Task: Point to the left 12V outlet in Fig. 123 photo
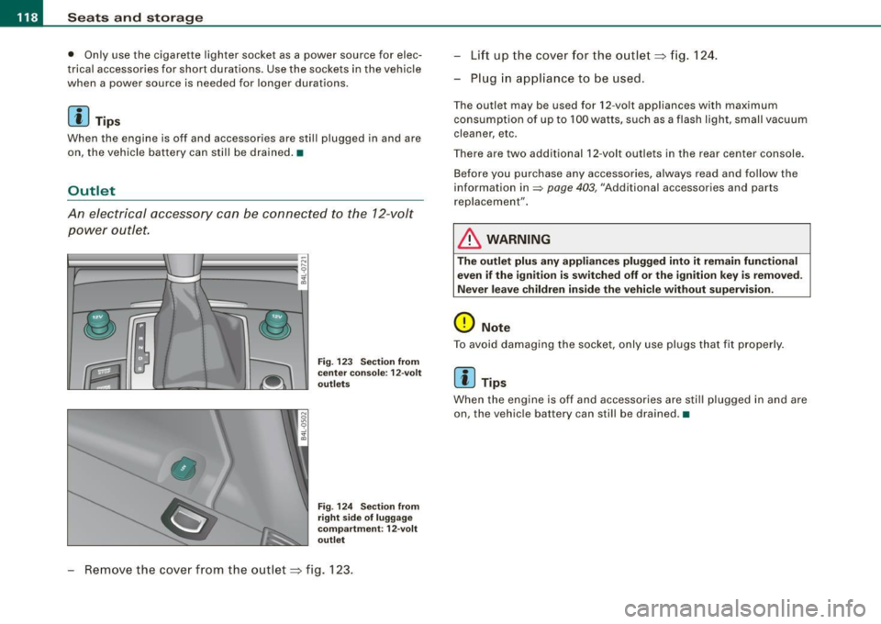[x=100, y=324]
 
